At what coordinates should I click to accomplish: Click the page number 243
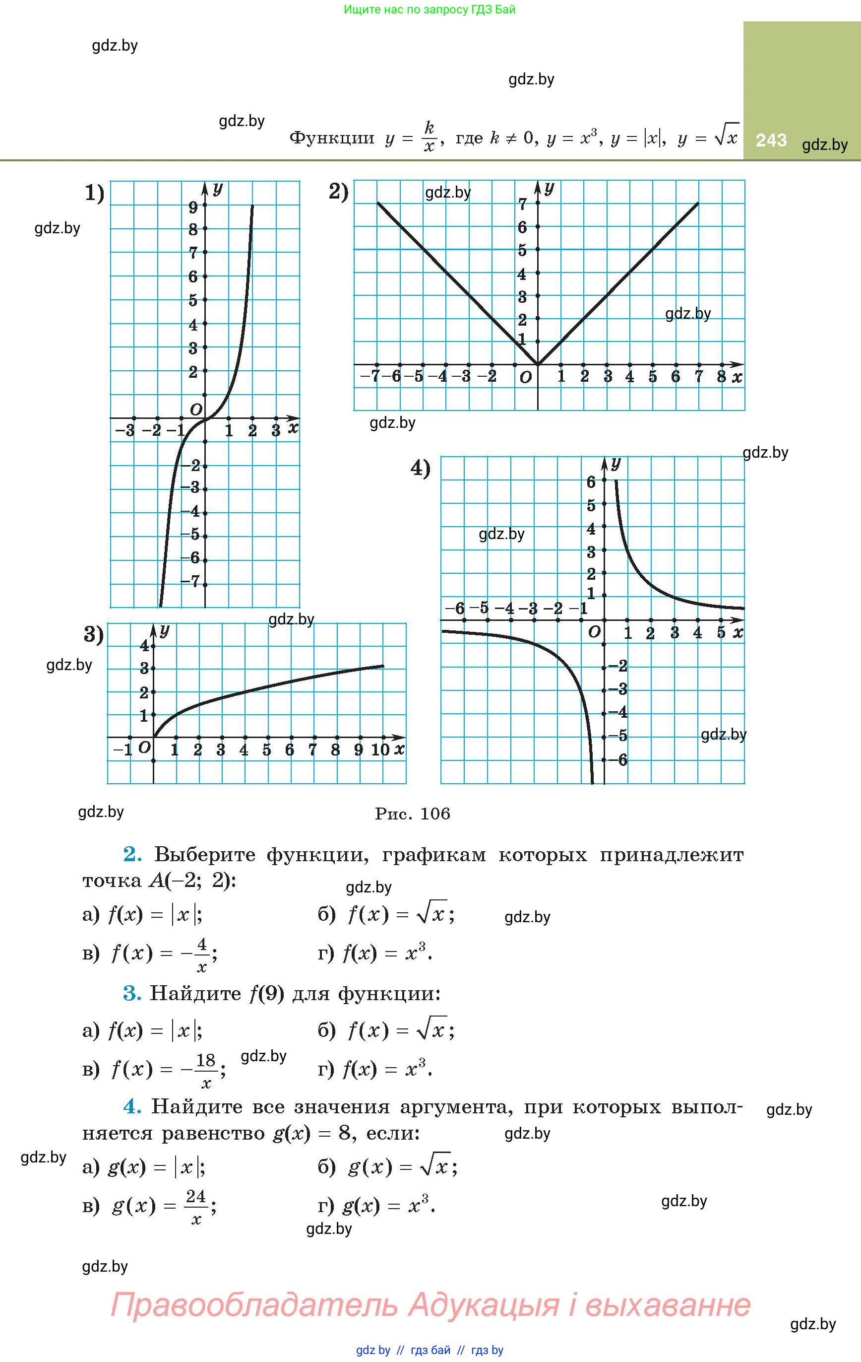tap(771, 139)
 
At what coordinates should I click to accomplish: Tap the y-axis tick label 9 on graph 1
tap(193, 207)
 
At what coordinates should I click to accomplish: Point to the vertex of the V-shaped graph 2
tap(538, 365)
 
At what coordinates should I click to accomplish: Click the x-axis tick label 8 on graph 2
tap(721, 377)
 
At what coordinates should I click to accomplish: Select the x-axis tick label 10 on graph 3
tap(380, 749)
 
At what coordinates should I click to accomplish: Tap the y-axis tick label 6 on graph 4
tap(591, 482)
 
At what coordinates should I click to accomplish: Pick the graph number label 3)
tap(94, 635)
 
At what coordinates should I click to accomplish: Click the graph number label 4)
tap(421, 469)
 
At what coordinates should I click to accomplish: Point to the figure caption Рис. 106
tap(413, 814)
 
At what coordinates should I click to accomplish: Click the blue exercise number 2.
tap(132, 854)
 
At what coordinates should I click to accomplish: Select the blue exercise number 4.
tap(132, 1106)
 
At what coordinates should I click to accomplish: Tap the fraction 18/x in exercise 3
tap(206, 1070)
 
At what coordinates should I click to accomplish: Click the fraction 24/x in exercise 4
tap(196, 1208)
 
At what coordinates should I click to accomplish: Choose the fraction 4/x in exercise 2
tap(202, 955)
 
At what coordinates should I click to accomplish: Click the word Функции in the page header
tap(332, 138)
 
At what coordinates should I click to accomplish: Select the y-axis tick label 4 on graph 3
tap(144, 646)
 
